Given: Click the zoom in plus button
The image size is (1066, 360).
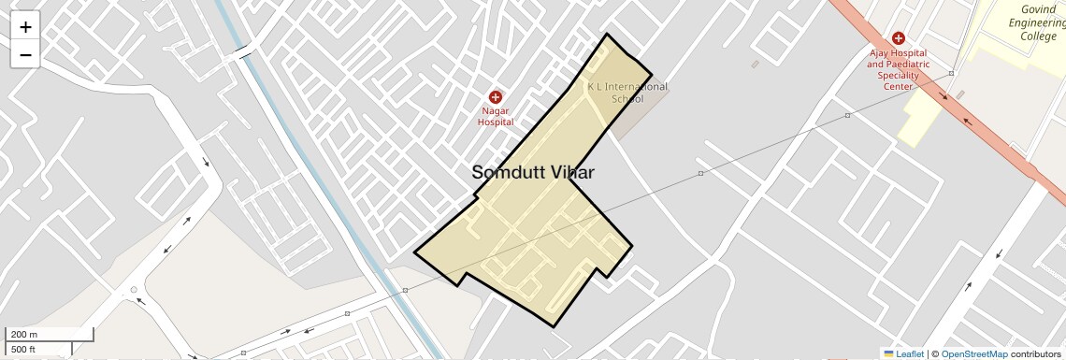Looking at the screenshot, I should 25,27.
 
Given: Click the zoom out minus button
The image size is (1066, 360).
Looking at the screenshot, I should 25,55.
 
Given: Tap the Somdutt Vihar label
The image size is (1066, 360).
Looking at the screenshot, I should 533,172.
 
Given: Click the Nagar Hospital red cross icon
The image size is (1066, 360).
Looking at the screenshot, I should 496,97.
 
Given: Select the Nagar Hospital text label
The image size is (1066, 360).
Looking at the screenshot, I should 496,116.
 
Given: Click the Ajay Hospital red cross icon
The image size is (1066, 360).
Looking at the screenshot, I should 898,38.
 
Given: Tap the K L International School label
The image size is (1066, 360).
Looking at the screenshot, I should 627,93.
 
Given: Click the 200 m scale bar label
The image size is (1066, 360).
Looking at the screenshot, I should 25,335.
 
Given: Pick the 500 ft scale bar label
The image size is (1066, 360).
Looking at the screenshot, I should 24,350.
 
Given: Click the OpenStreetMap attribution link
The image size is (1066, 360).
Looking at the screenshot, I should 974,354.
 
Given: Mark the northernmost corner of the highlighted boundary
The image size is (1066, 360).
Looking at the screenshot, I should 608,35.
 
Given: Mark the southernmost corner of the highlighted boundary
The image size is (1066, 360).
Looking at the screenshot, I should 555,326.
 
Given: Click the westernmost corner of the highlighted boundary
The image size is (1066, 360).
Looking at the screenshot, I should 414,252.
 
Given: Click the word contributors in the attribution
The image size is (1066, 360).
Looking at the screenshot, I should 1036,354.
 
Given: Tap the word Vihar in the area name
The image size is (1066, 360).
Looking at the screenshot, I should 569,172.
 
